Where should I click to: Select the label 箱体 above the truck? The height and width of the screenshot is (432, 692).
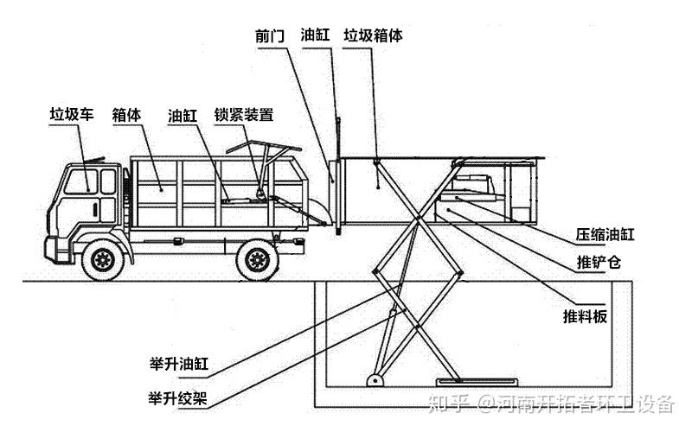pyautogui.click(x=127, y=114)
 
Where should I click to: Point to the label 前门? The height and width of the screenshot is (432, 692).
pyautogui.click(x=270, y=35)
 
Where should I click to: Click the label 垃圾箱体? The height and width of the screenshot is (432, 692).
pyautogui.click(x=373, y=35)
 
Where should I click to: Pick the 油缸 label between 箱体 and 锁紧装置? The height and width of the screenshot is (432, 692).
pyautogui.click(x=183, y=114)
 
